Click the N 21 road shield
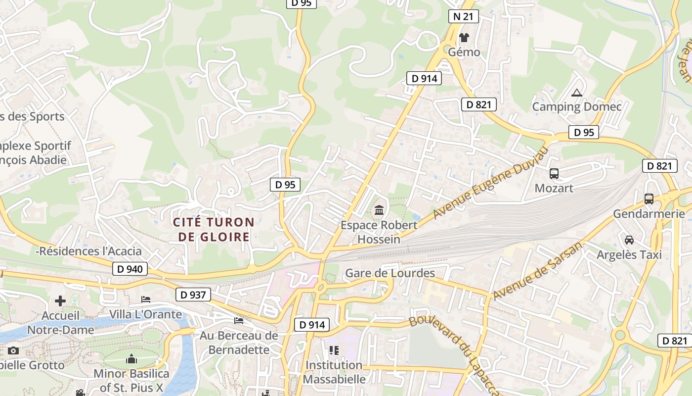[x=463, y=16]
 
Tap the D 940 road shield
[x=130, y=269]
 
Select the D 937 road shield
[x=193, y=295]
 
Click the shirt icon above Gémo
[x=464, y=37]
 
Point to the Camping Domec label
[x=576, y=106]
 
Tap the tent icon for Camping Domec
[x=576, y=93]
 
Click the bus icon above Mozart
[x=554, y=174]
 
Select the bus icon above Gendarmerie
[x=649, y=199]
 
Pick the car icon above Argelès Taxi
[x=629, y=240]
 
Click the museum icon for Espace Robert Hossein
[x=379, y=210]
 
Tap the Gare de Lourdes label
[x=390, y=273]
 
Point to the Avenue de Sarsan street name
[x=537, y=272]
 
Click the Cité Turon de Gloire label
[x=214, y=230]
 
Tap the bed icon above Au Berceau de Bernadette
[x=239, y=320]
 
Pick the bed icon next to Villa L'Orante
[x=146, y=299]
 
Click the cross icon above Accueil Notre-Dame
[x=60, y=301]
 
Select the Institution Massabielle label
[x=334, y=372]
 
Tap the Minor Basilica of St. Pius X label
[x=131, y=381]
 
